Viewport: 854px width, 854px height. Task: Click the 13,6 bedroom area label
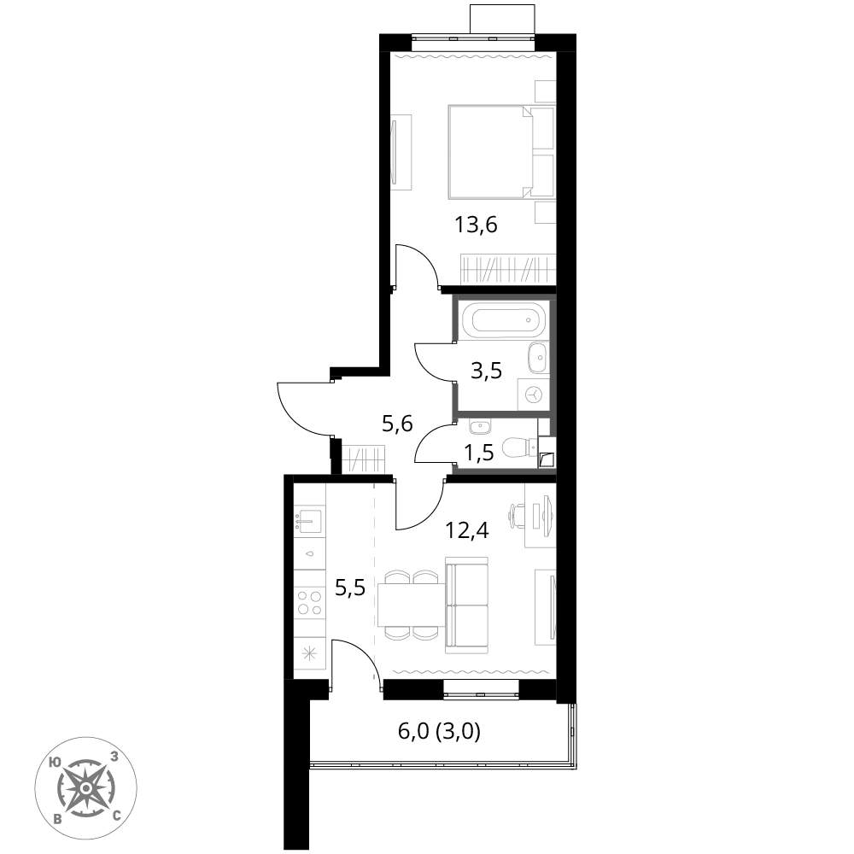(477, 225)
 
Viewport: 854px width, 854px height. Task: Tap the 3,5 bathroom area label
(486, 371)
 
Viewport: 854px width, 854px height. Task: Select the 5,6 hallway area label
(397, 424)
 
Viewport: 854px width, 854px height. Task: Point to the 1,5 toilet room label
(479, 452)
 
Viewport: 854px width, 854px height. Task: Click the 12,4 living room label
(467, 529)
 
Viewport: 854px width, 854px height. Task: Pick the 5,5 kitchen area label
(349, 588)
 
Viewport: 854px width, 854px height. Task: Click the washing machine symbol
(533, 394)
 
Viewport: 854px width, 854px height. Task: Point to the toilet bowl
(519, 447)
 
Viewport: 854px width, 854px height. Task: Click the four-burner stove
(309, 602)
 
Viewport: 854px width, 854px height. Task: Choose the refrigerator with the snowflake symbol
(309, 653)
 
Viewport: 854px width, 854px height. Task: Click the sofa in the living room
(467, 605)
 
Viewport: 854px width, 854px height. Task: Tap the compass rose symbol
(85, 787)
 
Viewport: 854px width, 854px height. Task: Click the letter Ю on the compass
(55, 762)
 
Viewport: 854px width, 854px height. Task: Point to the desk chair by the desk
(517, 515)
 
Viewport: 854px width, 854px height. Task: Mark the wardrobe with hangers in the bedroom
(507, 269)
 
